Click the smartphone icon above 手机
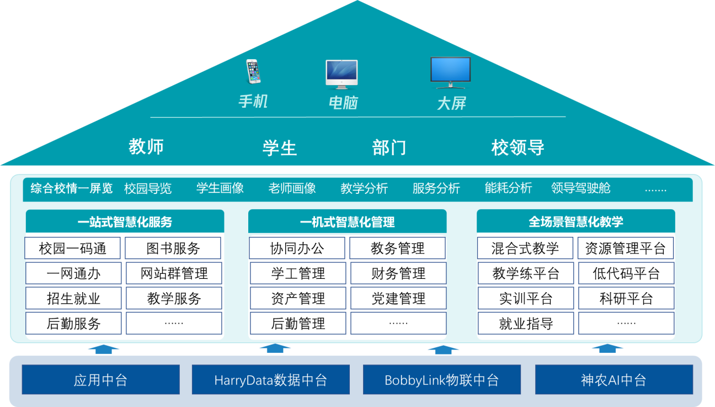(x=253, y=72)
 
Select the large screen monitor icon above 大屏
(x=451, y=73)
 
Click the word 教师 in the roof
(x=146, y=147)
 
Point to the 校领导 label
(x=517, y=147)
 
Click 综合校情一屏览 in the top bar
(x=72, y=188)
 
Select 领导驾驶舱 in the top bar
(x=581, y=188)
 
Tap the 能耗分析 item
(x=508, y=188)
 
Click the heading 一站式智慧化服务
(x=125, y=222)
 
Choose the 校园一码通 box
(x=73, y=249)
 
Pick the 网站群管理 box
(x=174, y=273)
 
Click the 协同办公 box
(x=297, y=249)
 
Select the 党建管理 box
(x=398, y=299)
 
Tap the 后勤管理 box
(x=298, y=324)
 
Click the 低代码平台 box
(x=626, y=273)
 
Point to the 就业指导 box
(x=526, y=324)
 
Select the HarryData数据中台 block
(x=270, y=380)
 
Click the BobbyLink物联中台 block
(x=441, y=380)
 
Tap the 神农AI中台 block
(x=613, y=380)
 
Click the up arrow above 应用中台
(x=104, y=349)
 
